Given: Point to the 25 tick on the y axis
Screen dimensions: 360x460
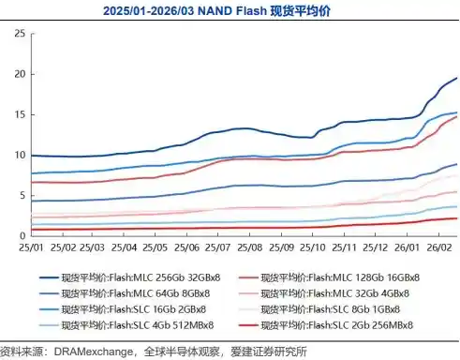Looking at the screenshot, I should [17, 33].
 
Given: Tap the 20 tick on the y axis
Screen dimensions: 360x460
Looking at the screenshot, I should [17, 74].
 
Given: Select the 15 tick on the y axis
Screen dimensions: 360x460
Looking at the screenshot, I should [17, 114].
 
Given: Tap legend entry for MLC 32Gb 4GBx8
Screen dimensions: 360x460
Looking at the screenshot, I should [334, 293].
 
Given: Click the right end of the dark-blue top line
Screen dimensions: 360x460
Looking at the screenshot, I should [456, 79].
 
